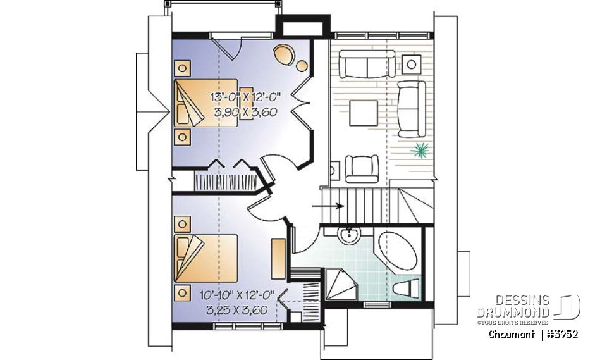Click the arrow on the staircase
tap(331, 206)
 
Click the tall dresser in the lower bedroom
tap(278, 258)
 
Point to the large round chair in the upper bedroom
tap(282, 53)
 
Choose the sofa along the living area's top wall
tap(367, 64)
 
